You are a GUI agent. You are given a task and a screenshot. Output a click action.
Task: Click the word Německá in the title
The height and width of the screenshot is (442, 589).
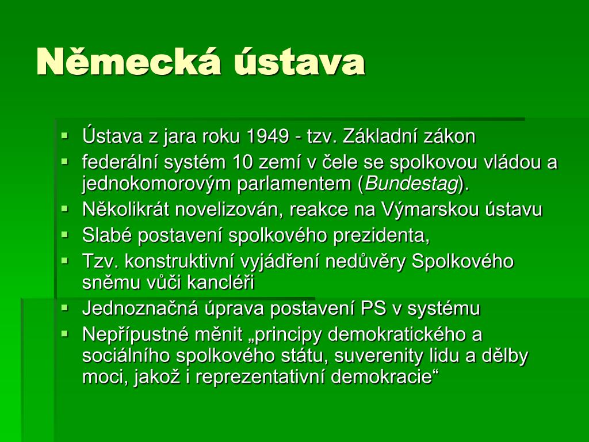[128, 61]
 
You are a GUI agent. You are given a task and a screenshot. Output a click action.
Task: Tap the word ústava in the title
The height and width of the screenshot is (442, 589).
[299, 62]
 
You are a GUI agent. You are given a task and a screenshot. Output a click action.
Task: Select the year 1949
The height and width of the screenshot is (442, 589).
[267, 136]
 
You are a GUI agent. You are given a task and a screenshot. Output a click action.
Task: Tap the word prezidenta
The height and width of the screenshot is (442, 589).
[381, 235]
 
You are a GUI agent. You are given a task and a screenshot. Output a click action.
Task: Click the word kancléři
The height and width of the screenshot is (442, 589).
[220, 283]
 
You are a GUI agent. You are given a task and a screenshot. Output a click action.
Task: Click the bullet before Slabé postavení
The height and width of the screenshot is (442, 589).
[66, 235]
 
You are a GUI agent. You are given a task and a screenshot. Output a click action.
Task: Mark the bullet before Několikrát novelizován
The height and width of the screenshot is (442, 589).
[66, 208]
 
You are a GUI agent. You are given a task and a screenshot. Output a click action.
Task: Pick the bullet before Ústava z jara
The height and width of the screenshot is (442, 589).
[66, 136]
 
